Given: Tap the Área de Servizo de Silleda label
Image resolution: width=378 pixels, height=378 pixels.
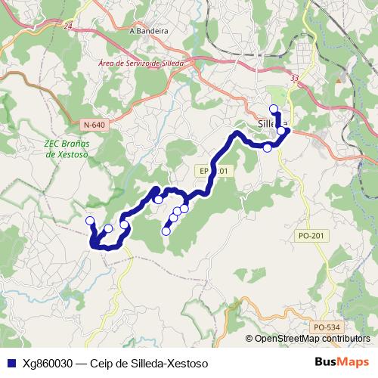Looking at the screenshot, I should point(142,64).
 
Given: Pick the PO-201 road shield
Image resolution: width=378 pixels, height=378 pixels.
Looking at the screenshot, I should point(311,236).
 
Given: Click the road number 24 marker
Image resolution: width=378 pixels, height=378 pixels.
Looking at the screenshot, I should point(69,26).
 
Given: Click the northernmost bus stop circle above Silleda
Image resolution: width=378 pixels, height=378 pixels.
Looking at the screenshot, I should point(274,109).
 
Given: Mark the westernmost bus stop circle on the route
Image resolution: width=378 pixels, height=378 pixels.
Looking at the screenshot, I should point(90,220).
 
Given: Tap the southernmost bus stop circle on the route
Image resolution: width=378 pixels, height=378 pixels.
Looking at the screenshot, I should point(166,231).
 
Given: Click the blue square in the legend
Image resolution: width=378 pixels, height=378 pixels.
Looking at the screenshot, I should point(10,364).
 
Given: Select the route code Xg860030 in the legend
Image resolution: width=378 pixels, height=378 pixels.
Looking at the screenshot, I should point(48,364).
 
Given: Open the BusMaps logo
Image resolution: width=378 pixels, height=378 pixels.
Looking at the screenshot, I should point(341,363).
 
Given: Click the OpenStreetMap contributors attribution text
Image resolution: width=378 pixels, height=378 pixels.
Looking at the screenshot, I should point(311,338).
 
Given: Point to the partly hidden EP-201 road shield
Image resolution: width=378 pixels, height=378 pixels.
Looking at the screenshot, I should point(214,172).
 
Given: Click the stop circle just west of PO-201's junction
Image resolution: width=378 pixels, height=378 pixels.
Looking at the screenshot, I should point(267,147).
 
